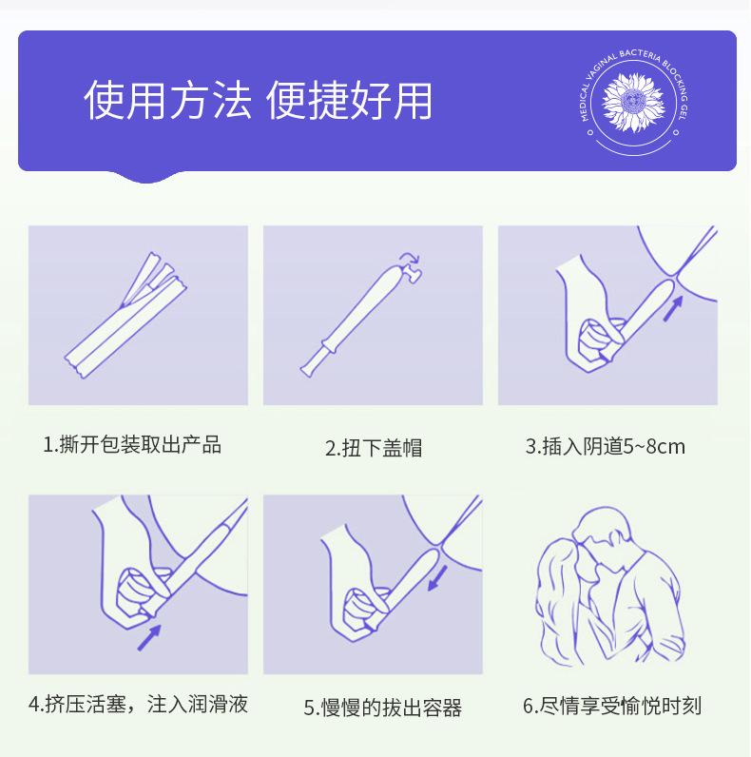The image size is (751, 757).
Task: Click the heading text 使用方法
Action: tap(168, 101)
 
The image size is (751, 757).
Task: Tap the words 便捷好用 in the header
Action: tap(349, 101)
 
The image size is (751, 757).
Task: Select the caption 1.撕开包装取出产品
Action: tap(132, 444)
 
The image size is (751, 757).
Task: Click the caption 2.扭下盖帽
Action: tap(374, 448)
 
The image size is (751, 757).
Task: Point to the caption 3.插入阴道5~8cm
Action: tap(605, 446)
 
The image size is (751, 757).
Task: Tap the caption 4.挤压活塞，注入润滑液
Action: tap(138, 705)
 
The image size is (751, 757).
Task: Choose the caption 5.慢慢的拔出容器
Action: tap(382, 708)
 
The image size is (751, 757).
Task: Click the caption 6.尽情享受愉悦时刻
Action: tap(612, 706)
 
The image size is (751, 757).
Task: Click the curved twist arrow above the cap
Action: tap(409, 259)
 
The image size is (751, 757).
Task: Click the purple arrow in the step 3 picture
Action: tap(673, 307)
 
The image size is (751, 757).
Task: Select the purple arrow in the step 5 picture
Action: tap(438, 576)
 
